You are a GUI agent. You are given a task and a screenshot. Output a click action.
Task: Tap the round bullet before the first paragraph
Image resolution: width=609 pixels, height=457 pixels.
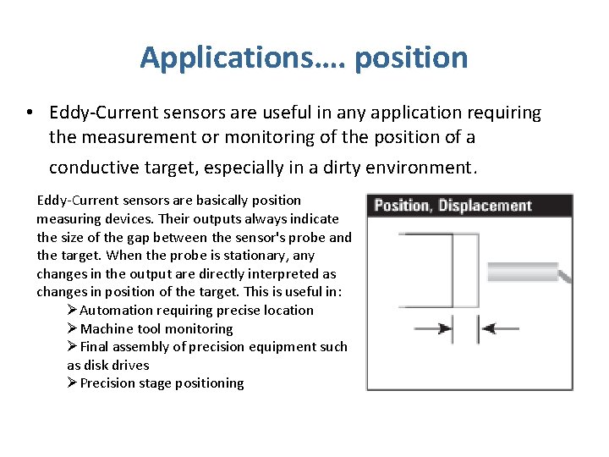[30, 113]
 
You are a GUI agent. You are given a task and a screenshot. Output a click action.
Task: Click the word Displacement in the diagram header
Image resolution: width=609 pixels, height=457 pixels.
[485, 206]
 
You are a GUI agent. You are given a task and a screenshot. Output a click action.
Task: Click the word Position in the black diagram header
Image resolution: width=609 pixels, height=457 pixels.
[402, 206]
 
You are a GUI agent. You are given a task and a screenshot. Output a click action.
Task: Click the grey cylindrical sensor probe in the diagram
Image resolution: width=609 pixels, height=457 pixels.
[524, 273]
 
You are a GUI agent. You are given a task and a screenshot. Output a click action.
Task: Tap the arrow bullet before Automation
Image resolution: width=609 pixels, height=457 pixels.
[73, 310]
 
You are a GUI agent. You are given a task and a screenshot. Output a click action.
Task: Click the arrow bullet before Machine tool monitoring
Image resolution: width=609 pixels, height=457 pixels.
[73, 328]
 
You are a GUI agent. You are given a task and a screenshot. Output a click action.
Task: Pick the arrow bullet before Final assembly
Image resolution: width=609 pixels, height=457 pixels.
[73, 346]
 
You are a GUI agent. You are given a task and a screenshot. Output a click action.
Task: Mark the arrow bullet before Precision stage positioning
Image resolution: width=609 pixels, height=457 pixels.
[73, 383]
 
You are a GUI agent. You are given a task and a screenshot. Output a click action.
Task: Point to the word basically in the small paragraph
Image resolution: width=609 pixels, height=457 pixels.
[222, 200]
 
